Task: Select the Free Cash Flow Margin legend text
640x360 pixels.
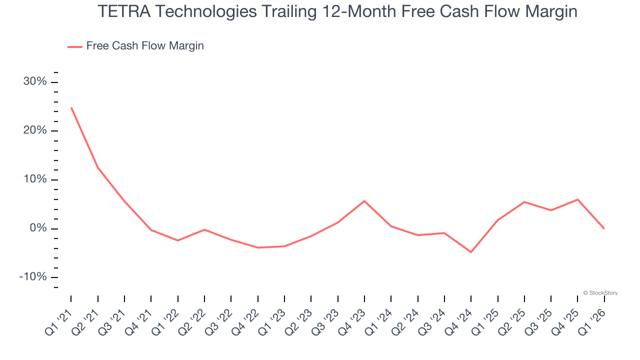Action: tap(145, 46)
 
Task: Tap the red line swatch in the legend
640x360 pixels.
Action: tap(75, 46)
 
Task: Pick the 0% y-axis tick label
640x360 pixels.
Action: tap(38, 228)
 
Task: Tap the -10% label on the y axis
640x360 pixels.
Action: tap(33, 277)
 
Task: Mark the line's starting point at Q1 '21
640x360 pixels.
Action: tap(71, 107)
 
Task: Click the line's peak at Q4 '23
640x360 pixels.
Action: tap(364, 201)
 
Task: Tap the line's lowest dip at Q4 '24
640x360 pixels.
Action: tap(471, 252)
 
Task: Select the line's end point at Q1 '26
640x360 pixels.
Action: tap(604, 228)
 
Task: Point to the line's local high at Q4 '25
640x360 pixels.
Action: tap(577, 199)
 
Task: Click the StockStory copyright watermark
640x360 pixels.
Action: tap(600, 293)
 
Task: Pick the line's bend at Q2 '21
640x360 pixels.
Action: tap(98, 167)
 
